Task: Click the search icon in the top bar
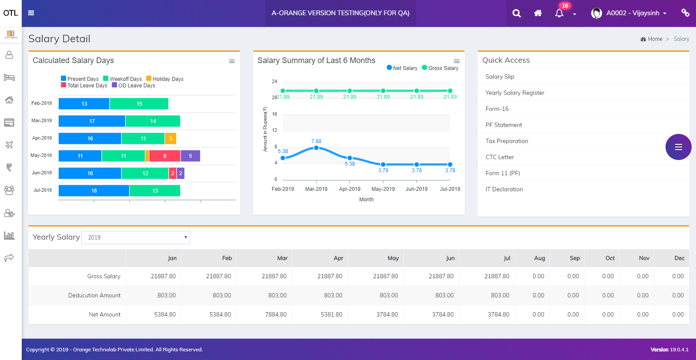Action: pos(516,13)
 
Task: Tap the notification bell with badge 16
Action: pos(559,13)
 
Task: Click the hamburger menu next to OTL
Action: pos(31,13)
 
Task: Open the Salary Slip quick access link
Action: pos(500,77)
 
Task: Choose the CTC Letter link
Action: pos(499,157)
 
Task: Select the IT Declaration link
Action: pos(504,189)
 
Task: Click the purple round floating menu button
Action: pos(678,147)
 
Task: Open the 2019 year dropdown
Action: pos(136,237)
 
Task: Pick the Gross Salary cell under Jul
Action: pos(497,276)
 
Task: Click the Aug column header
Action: pos(539,258)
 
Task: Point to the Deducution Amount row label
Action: pos(94,295)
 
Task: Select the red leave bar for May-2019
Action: pos(164,156)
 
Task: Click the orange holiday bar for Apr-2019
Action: pos(171,138)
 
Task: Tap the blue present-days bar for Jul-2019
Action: pos(94,190)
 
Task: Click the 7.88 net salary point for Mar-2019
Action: pos(316,148)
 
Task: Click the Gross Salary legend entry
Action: pos(440,68)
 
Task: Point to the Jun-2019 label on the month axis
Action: pos(416,189)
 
